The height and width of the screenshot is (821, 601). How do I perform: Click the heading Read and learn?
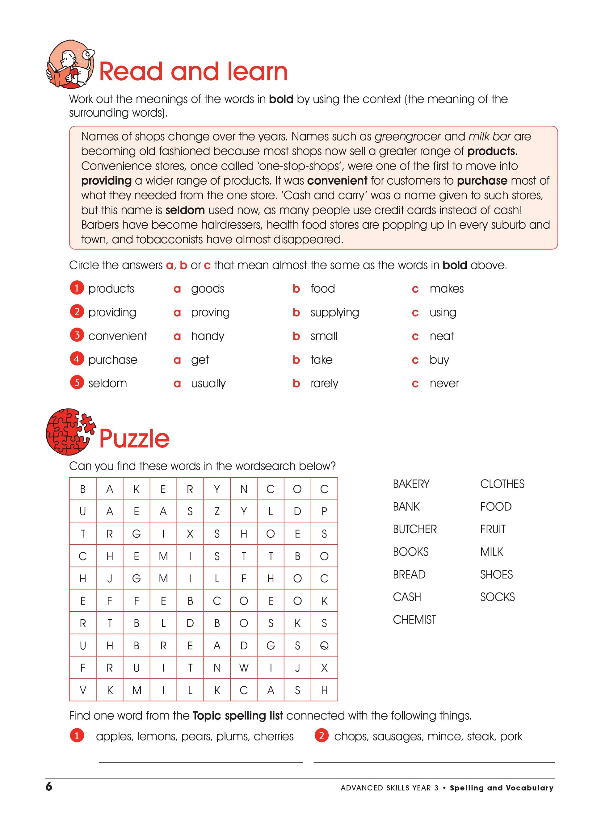click(193, 71)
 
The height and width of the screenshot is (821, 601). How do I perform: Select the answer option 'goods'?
click(207, 289)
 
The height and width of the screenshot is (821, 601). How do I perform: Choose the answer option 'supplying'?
click(334, 312)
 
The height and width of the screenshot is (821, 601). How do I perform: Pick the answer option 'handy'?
click(207, 336)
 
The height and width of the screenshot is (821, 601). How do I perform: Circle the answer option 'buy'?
click(439, 360)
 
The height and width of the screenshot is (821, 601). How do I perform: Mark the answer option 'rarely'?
click(324, 383)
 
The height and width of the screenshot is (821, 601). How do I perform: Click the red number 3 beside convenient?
click(77, 335)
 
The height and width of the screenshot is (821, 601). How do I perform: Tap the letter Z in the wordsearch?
click(217, 511)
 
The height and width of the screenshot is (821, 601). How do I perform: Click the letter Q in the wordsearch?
click(324, 646)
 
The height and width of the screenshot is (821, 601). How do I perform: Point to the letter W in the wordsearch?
click(244, 668)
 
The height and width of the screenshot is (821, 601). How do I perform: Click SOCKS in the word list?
click(497, 597)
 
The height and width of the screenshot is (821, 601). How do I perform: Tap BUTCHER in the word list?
click(415, 529)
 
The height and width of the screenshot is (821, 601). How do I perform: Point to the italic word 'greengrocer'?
click(407, 137)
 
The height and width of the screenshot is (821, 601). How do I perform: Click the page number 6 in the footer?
click(49, 787)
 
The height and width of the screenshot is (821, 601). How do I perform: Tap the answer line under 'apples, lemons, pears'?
click(201, 762)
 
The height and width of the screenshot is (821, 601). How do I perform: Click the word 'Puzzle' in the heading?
click(134, 439)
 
